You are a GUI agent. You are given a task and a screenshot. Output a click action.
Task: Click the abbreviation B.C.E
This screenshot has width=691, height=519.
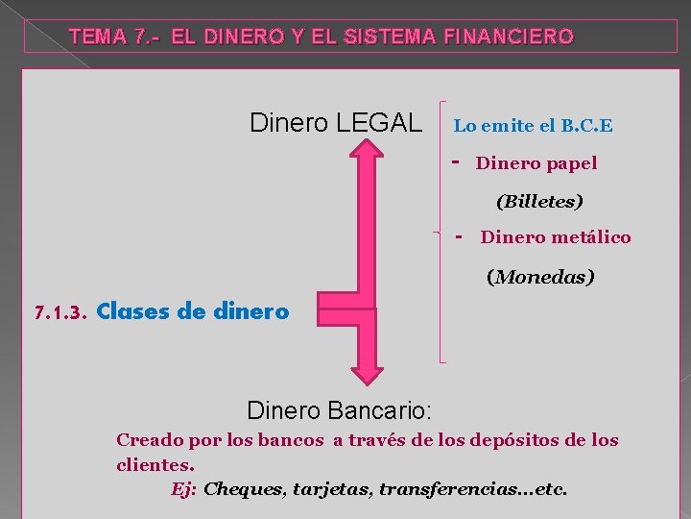587,126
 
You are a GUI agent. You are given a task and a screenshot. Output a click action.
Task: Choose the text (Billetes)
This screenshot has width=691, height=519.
539,202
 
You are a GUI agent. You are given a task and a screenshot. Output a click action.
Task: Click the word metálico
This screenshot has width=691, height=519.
591,237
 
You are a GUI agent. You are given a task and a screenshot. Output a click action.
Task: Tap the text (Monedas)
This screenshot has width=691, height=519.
540,277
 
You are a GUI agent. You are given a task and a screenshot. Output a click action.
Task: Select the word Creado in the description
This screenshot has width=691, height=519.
149,440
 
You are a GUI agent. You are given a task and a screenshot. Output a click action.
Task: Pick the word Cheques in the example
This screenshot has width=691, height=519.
244,489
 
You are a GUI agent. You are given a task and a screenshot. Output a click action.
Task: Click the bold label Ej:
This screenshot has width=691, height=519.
184,489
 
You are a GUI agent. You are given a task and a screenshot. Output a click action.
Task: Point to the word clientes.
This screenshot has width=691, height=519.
155,464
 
